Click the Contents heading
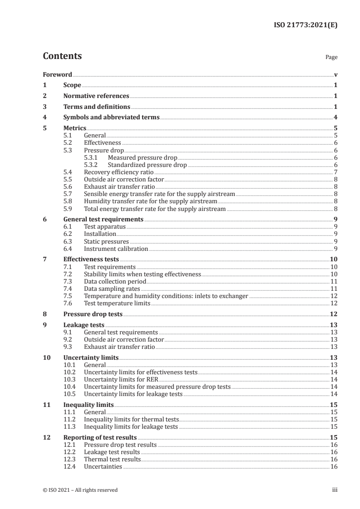(x=62, y=56)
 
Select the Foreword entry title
(x=57, y=74)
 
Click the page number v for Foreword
(x=335, y=74)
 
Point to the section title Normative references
(x=96, y=96)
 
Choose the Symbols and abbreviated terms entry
(x=111, y=117)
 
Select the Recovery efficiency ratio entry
(x=118, y=172)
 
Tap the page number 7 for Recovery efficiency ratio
(x=335, y=172)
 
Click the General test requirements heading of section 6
(x=103, y=219)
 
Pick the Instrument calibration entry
(x=116, y=249)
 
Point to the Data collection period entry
(x=115, y=282)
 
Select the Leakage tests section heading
(x=84, y=325)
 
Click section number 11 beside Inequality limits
(x=46, y=405)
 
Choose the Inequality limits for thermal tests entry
(x=131, y=419)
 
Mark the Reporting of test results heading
(x=100, y=438)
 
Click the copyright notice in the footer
(x=80, y=490)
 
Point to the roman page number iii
(x=335, y=490)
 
